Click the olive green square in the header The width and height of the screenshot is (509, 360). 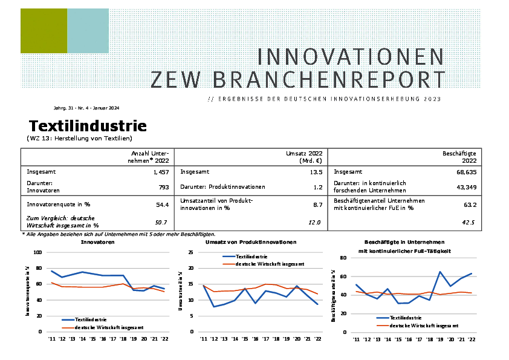point(44,31)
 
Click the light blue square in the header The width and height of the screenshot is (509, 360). point(88,31)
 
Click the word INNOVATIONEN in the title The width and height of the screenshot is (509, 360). point(351,57)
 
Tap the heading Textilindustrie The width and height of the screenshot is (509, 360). point(88,126)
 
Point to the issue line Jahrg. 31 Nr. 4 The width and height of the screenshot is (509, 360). point(86,108)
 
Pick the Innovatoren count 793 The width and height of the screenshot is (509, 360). point(164,188)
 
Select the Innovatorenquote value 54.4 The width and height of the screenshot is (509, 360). point(163,205)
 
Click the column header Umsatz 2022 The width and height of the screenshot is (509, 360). point(303,154)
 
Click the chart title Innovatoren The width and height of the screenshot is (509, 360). point(97,242)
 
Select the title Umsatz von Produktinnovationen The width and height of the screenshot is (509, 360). point(251,242)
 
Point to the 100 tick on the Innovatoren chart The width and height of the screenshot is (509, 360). point(37,252)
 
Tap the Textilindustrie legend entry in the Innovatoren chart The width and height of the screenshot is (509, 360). point(91,319)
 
